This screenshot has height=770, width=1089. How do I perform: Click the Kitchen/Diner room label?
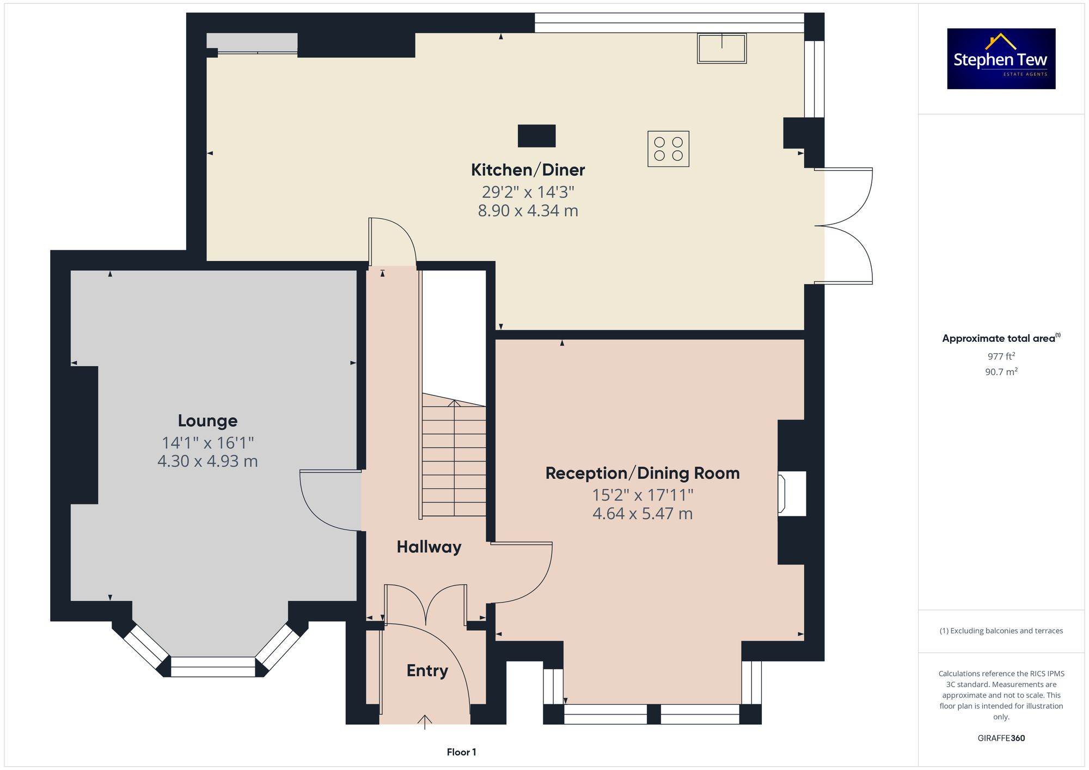(528, 170)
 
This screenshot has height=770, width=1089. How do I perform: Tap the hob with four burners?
(668, 149)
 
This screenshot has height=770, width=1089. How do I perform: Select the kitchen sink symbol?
(721, 48)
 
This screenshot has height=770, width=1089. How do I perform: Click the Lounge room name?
(207, 421)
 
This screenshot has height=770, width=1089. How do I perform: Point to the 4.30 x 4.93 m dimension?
(207, 461)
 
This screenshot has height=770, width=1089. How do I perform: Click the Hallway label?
(429, 547)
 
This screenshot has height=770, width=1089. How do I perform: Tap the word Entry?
(427, 670)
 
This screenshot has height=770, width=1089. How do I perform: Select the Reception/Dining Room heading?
(643, 473)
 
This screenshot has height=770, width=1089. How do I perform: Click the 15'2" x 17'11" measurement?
(643, 495)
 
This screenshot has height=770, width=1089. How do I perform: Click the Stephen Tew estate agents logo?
(1001, 59)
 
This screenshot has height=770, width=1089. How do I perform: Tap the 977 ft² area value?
(1001, 356)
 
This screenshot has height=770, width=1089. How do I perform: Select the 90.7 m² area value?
(1001, 372)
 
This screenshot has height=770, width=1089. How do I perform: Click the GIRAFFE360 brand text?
(1001, 738)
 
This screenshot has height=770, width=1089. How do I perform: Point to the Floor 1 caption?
(461, 752)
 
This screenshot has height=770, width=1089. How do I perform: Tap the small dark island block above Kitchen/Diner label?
(536, 135)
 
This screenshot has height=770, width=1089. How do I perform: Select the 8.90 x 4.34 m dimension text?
(528, 211)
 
